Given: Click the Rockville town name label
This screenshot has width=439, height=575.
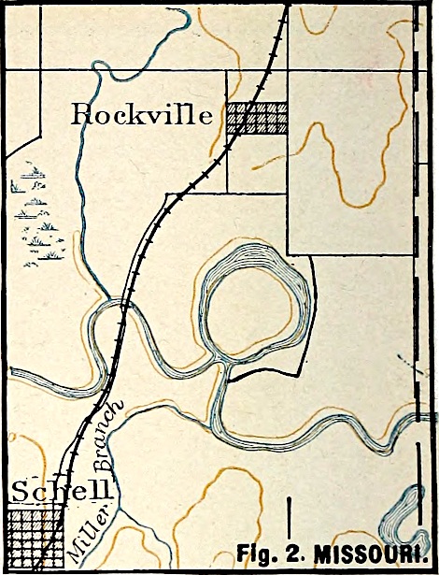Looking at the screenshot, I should pyautogui.click(x=145, y=115).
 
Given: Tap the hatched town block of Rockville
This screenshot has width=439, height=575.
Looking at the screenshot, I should pyautogui.click(x=257, y=119).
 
